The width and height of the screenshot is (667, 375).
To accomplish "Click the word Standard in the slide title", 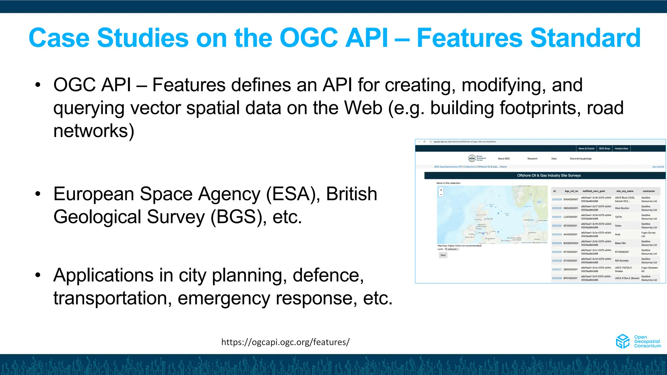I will (585, 38).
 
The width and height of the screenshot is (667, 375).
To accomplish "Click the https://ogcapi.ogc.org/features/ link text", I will (285, 342).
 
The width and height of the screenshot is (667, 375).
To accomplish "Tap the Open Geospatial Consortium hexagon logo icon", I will (623, 341).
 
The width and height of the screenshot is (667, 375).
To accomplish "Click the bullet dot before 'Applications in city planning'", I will (38, 275).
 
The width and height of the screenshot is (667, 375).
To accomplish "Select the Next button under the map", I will (443, 255).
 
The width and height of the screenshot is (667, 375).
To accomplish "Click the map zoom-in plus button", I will (441, 190).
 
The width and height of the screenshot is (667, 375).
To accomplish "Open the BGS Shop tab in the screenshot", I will (604, 148).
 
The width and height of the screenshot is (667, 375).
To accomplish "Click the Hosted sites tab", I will (621, 148).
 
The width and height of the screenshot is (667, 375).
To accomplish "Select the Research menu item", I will (532, 159).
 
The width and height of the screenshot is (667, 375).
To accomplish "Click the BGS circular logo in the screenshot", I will (472, 158).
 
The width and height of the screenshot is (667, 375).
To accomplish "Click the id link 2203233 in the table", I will (557, 234).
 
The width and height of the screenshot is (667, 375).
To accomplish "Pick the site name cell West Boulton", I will (622, 208).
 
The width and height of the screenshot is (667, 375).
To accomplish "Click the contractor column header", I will (648, 191).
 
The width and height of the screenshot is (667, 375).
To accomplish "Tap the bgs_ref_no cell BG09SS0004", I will (571, 243).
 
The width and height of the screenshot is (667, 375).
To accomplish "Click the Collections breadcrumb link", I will (470, 167).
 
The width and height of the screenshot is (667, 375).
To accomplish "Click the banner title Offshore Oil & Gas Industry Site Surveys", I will (549, 175).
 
